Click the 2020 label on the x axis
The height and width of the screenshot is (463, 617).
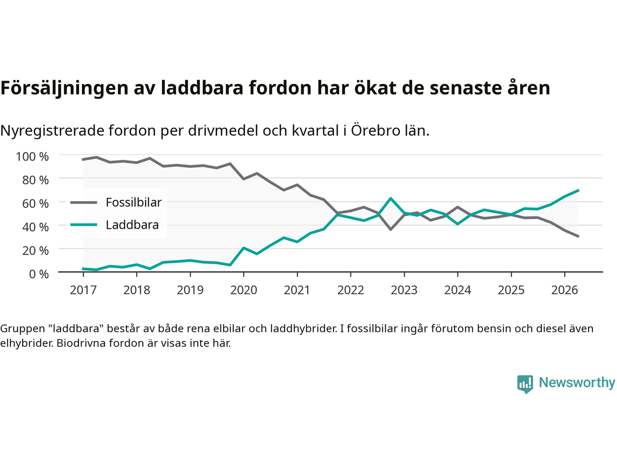[243, 290]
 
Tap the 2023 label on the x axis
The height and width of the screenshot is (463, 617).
[404, 290]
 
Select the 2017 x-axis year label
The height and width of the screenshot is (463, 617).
[83, 290]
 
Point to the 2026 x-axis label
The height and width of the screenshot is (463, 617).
[564, 290]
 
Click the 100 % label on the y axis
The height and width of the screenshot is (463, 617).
[32, 157]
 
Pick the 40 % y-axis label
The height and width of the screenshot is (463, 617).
[35, 227]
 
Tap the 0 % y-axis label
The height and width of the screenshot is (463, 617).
[39, 274]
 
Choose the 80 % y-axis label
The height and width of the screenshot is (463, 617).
[35, 180]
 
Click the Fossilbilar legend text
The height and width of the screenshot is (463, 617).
[134, 203]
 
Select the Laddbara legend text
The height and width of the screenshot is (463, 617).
[132, 225]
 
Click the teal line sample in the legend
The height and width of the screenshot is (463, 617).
[84, 225]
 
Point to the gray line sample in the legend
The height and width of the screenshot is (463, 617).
[84, 203]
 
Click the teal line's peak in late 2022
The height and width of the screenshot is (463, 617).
[391, 199]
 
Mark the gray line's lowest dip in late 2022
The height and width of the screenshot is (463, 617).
[391, 230]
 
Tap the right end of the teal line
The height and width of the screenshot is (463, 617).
[578, 191]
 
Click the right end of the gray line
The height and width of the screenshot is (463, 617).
[578, 236]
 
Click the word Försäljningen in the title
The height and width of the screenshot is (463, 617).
[65, 88]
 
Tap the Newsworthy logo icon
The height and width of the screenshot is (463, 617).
[525, 384]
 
